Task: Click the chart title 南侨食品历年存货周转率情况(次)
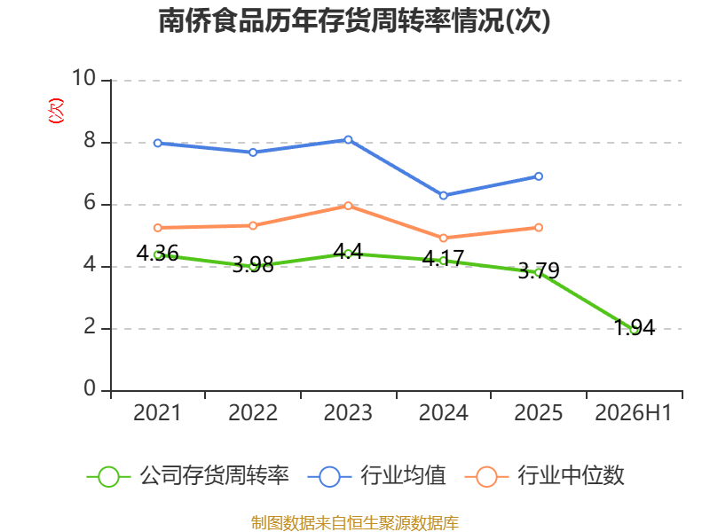point(354,20)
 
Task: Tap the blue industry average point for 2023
point(348,140)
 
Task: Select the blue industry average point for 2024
point(443,195)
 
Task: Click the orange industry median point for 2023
point(348,206)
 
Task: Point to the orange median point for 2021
point(158,228)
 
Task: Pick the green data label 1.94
point(635,327)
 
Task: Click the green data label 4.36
point(157,253)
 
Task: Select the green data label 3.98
point(253,264)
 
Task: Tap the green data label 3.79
point(539,270)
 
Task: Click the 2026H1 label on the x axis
point(633,412)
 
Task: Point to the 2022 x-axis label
point(253,412)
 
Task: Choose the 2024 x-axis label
point(443,412)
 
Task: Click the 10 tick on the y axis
point(84,78)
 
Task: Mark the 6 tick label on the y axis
point(90,202)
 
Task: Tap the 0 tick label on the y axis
point(90,388)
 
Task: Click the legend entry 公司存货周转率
point(187,476)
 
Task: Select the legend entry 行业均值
point(376,476)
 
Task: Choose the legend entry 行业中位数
point(544,476)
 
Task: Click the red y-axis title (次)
point(56,111)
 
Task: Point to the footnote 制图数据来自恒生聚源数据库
point(354,523)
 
